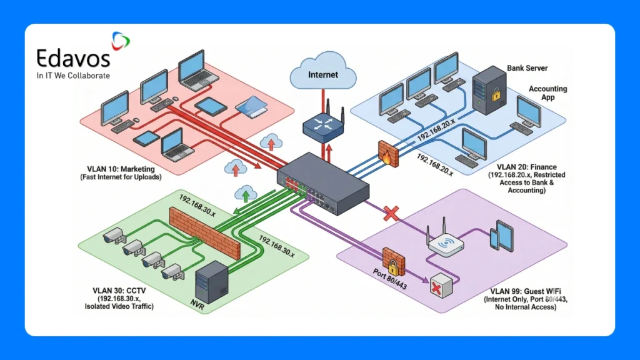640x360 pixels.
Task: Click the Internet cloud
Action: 322,74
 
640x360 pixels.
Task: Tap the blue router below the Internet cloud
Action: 324,123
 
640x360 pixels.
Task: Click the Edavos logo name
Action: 73,59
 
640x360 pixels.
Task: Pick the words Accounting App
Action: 547,93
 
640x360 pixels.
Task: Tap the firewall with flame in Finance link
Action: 387,152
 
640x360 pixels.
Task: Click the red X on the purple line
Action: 391,214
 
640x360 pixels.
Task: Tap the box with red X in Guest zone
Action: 440,286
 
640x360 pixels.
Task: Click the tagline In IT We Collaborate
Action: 73,76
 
